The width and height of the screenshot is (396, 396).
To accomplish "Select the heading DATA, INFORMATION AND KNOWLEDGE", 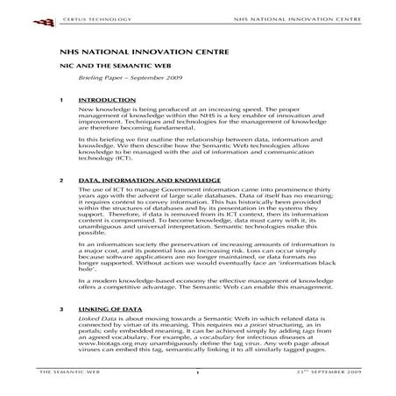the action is tap(133, 180).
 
